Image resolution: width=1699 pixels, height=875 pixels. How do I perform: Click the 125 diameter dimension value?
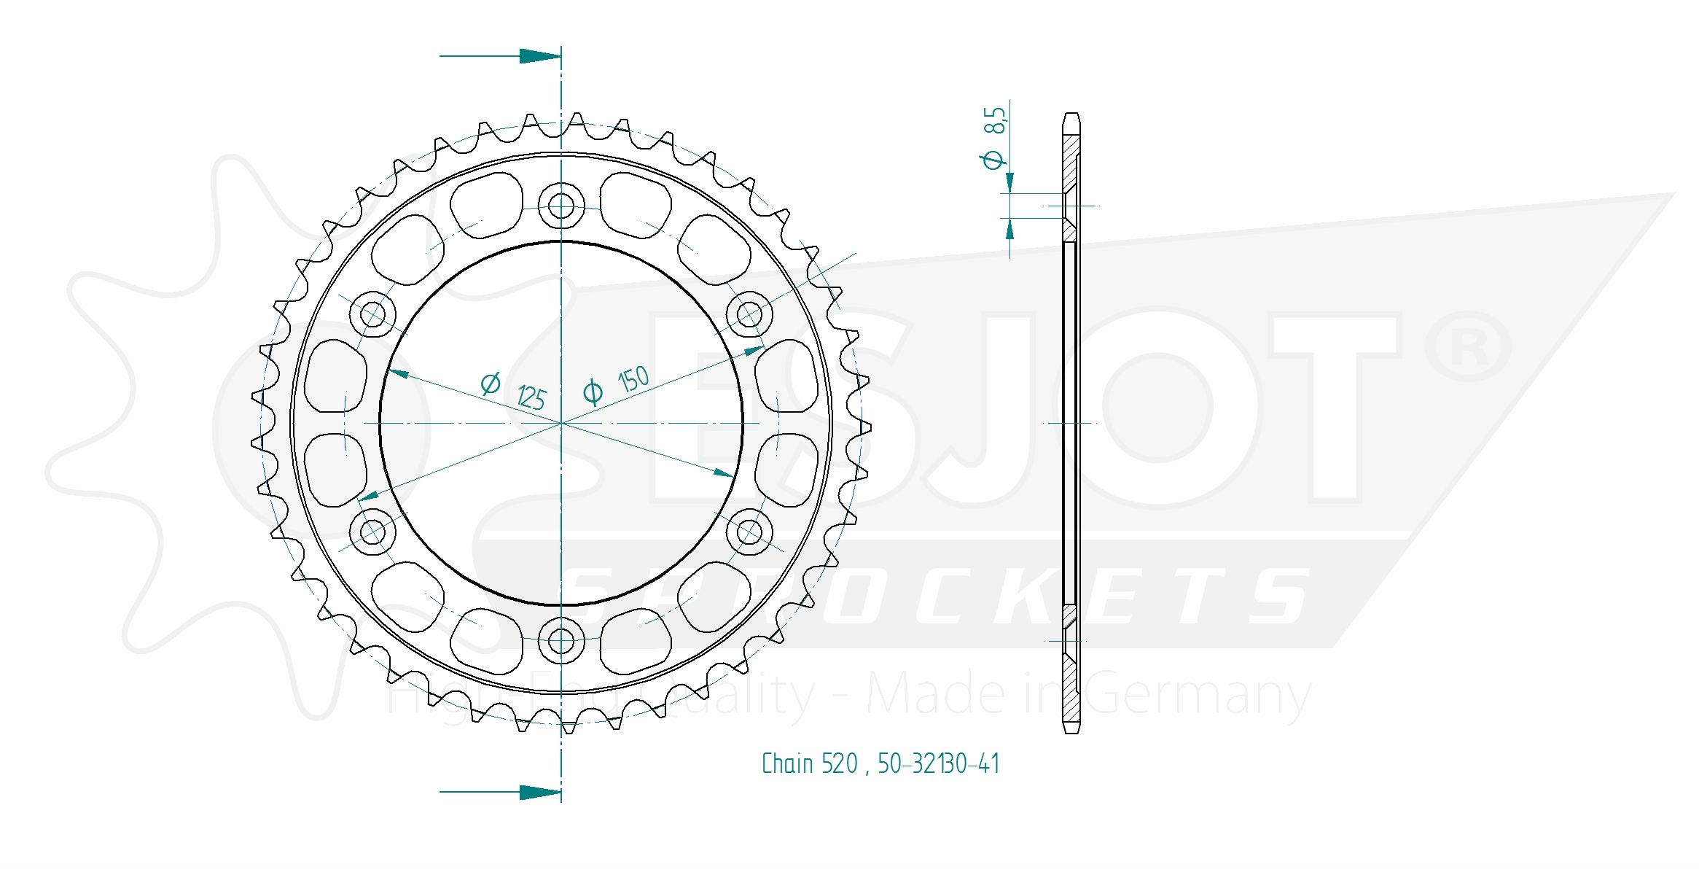[x=531, y=398]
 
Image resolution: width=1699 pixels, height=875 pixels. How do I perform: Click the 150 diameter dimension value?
[x=633, y=379]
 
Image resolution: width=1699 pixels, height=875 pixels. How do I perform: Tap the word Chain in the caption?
[x=787, y=764]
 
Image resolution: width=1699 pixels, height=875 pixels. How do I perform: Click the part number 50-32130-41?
[x=938, y=764]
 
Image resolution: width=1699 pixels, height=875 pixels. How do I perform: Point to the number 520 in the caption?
[x=840, y=764]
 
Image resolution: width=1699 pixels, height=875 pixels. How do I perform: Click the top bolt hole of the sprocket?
[x=561, y=206]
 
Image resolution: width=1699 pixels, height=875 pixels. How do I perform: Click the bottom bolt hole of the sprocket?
[x=561, y=641]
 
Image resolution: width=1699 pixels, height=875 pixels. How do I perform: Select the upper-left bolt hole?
[x=372, y=315]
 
